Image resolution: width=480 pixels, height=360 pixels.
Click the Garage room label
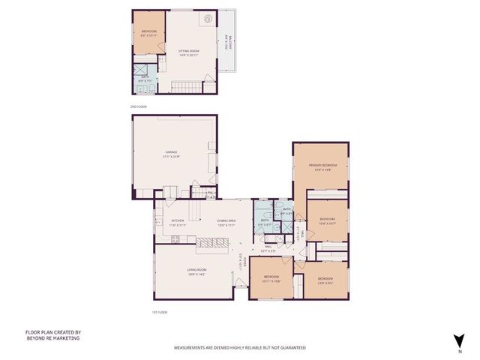[172, 155]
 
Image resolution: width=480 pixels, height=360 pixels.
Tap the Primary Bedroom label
[320, 166]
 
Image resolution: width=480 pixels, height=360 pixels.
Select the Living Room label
[196, 271]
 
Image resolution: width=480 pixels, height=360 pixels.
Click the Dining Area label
[228, 222]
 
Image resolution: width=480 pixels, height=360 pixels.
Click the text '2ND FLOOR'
[139, 107]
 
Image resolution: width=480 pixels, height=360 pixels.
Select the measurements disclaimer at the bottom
[240, 348]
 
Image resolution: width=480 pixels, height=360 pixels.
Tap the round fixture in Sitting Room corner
[211, 16]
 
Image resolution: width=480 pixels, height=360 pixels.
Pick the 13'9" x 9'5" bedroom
[325, 280]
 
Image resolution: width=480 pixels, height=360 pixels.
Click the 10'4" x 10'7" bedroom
[327, 222]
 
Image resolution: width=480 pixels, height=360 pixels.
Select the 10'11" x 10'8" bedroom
[271, 279]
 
